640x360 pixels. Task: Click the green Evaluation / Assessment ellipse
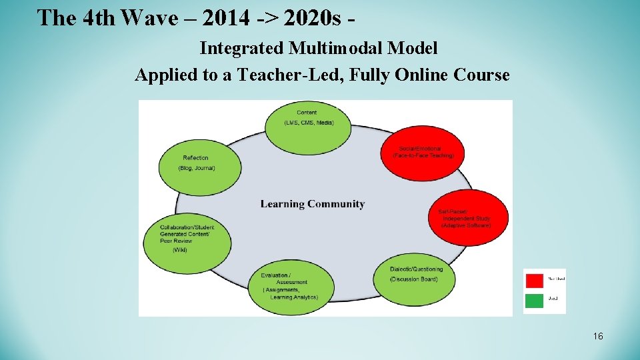(x=291, y=287)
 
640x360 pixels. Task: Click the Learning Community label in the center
(x=312, y=204)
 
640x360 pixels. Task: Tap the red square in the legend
(x=534, y=279)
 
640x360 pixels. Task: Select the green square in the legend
(x=534, y=300)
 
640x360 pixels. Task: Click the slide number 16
(x=598, y=336)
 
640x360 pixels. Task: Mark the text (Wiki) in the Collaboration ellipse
(x=180, y=250)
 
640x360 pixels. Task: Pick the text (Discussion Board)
(x=414, y=279)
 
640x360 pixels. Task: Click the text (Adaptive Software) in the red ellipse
(x=466, y=225)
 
